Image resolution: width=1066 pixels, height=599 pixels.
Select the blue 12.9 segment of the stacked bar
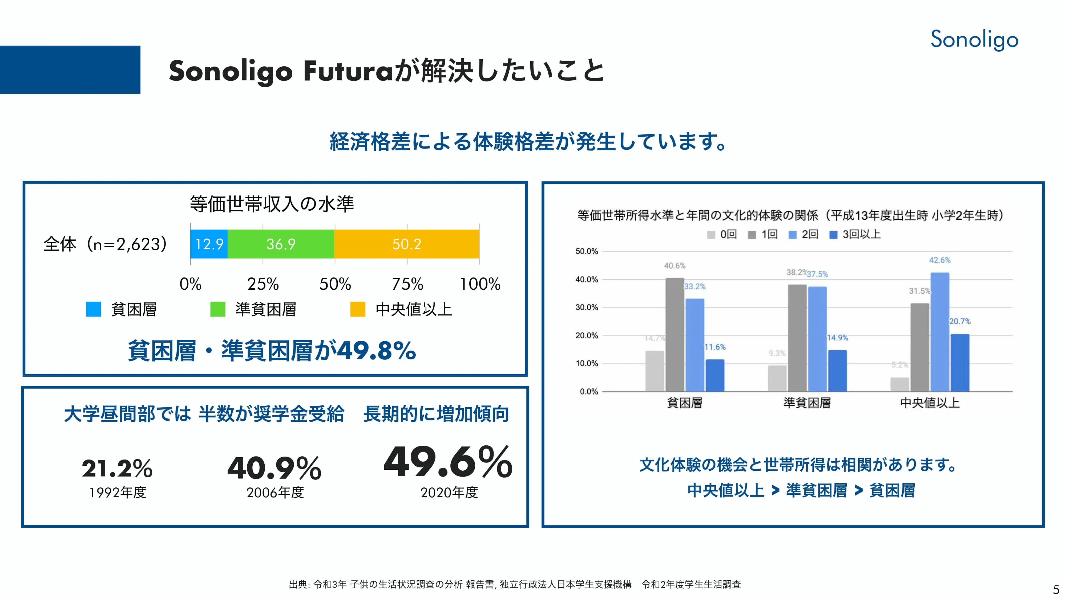tap(209, 244)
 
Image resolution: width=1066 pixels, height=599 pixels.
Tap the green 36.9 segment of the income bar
tap(281, 244)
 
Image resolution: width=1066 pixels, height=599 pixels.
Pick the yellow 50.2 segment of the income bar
tap(406, 244)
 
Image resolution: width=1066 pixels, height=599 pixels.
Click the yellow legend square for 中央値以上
tap(358, 309)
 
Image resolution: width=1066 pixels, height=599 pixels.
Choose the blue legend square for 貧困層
tap(94, 309)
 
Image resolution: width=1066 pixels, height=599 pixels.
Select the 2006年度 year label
tap(275, 492)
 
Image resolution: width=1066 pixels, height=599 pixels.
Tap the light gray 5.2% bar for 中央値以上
tap(900, 384)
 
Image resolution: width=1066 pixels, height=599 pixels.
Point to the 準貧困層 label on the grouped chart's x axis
tap(807, 403)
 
